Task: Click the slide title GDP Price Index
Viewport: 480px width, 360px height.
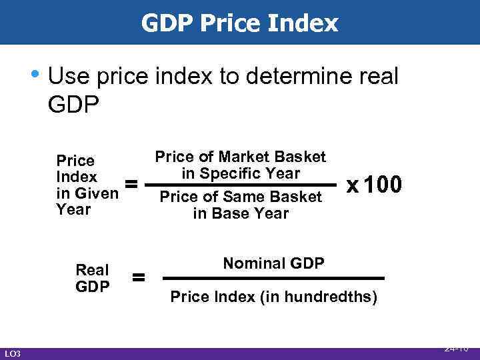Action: (x=240, y=23)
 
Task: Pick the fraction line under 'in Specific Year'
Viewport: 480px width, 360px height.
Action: (x=241, y=185)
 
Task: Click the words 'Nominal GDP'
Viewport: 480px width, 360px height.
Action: (x=274, y=263)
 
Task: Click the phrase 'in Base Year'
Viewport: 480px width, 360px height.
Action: (x=241, y=213)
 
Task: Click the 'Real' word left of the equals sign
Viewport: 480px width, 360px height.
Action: (x=92, y=270)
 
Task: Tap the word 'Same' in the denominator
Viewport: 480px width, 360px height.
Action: (x=243, y=197)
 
